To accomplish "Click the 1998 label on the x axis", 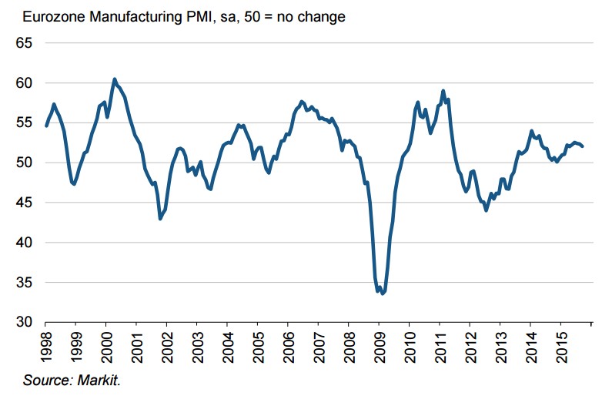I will [x=45, y=342].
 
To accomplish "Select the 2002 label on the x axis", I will [x=166, y=342].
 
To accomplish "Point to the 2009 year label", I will [x=379, y=342].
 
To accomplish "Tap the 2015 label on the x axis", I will [x=560, y=342].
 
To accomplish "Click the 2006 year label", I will [x=288, y=342].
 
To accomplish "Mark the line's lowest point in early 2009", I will [x=383, y=294].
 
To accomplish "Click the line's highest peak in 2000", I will [x=114, y=79].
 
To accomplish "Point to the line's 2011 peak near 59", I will [x=443, y=91].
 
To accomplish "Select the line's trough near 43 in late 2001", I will [x=160, y=219].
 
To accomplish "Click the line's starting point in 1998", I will [x=46, y=126].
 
